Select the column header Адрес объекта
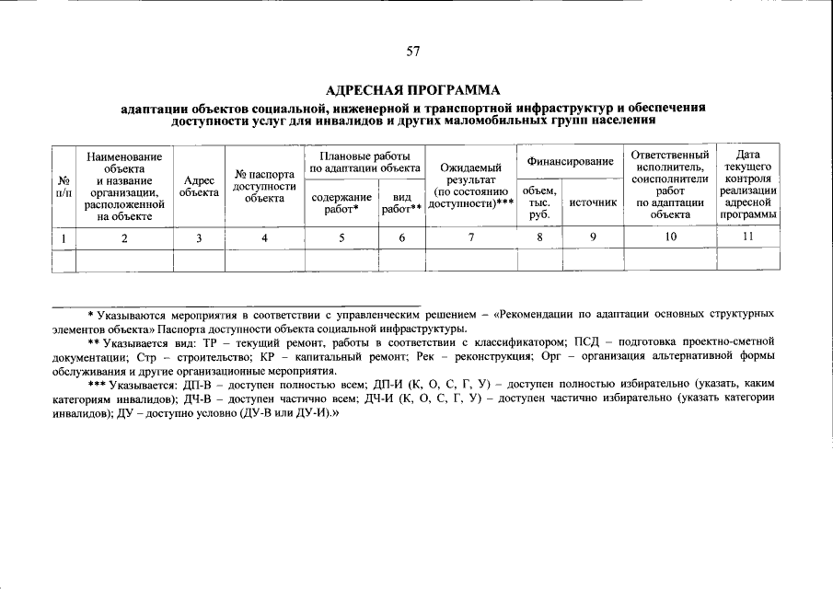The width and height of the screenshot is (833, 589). tap(199, 187)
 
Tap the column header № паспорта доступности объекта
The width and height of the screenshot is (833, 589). tap(264, 187)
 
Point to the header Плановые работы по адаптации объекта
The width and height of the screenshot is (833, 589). tap(365, 162)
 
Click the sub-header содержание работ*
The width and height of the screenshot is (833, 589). tap(341, 202)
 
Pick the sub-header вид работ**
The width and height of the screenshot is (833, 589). tap(401, 202)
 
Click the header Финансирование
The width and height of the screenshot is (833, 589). tap(570, 162)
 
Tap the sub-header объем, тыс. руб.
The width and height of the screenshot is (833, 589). tap(539, 202)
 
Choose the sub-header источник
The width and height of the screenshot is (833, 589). tap(593, 202)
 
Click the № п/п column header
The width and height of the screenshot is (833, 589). tap(63, 187)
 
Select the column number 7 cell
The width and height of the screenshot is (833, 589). tap(470, 237)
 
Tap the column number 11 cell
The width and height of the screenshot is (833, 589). tap(747, 237)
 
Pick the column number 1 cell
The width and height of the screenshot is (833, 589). tap(63, 237)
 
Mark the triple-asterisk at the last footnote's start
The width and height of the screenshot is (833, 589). tap(98, 386)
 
